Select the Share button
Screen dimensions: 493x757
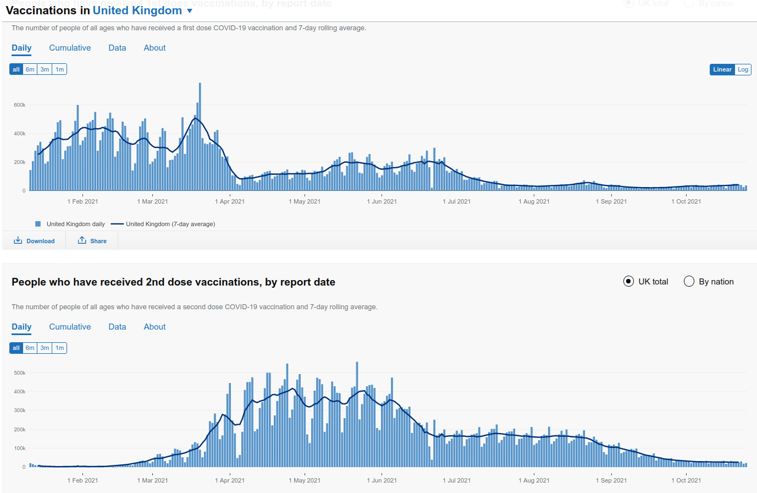click(92, 241)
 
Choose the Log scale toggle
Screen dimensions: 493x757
click(743, 69)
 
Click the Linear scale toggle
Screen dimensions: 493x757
click(722, 69)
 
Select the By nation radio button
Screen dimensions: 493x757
click(689, 282)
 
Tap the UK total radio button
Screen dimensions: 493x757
click(628, 282)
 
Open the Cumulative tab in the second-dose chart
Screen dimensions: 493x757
click(70, 327)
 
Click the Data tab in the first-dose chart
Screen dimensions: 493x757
click(117, 48)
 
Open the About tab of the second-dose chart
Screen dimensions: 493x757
click(154, 327)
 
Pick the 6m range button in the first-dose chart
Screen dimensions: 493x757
click(30, 69)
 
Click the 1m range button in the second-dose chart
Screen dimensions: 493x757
click(59, 348)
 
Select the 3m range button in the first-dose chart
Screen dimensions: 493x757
click(45, 69)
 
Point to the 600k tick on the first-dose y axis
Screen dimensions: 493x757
click(20, 105)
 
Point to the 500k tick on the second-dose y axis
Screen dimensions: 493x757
click(20, 373)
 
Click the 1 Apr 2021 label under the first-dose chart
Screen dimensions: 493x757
click(230, 201)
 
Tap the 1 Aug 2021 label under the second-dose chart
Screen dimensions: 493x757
click(534, 480)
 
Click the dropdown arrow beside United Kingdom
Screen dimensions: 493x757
click(190, 11)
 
